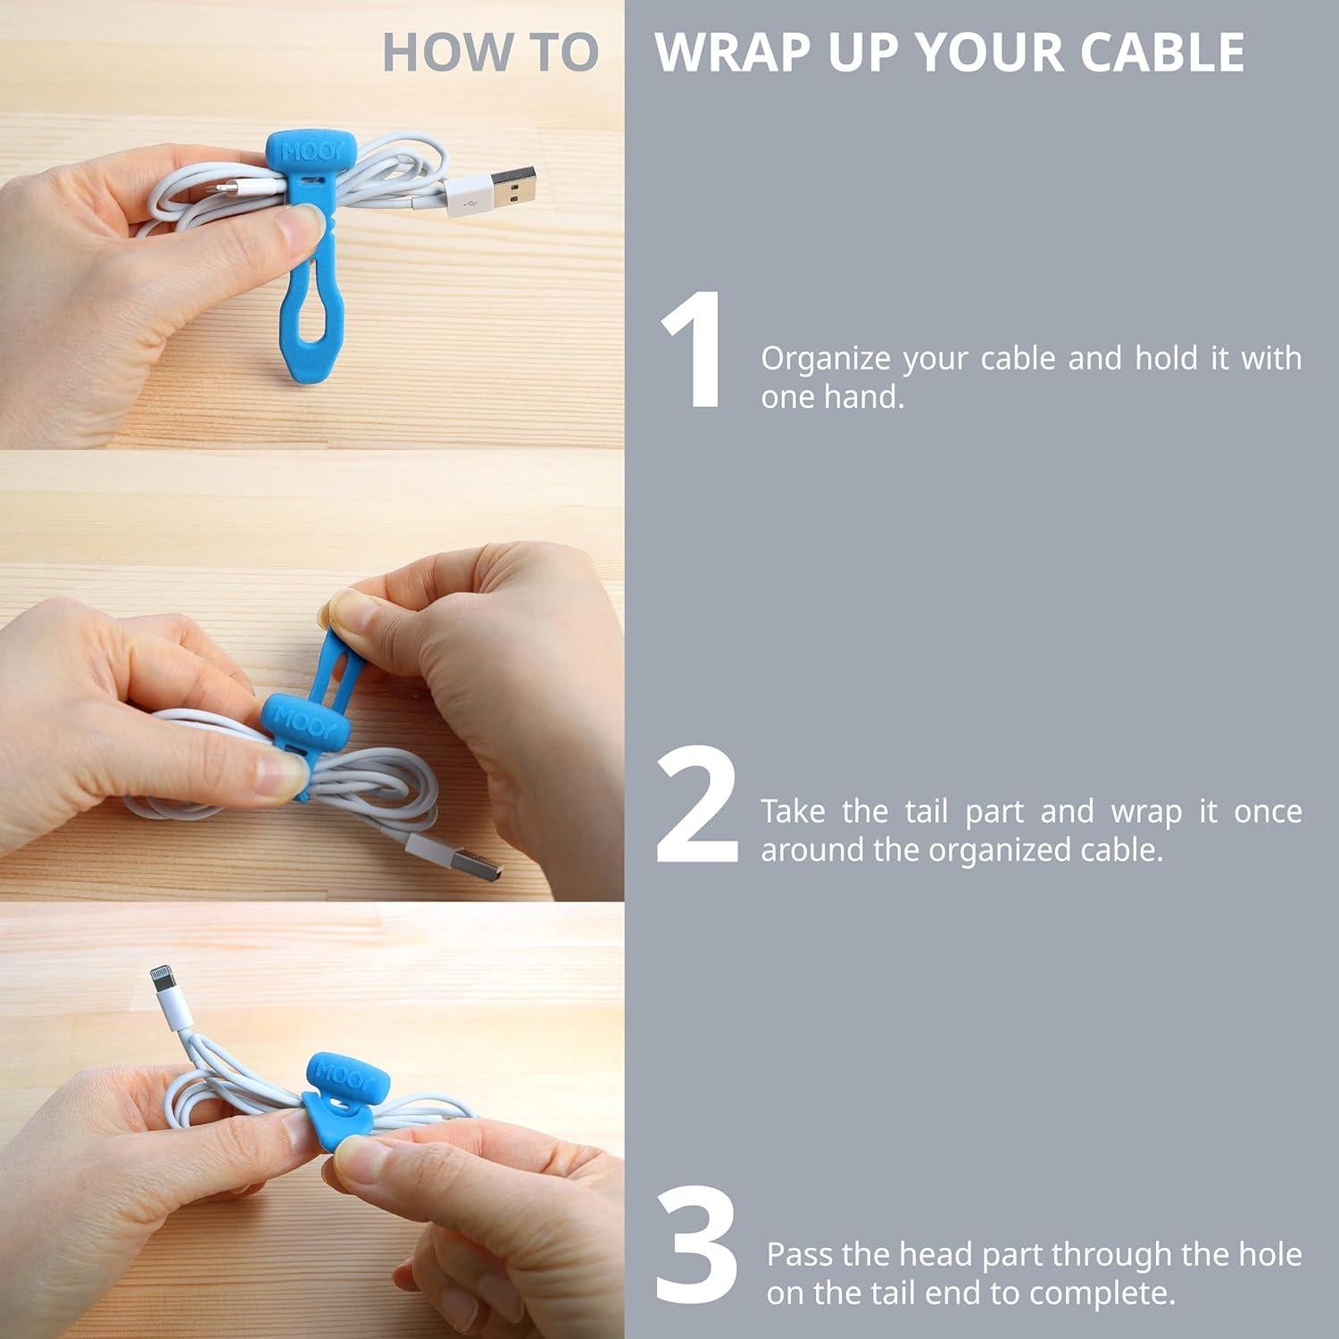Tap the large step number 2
coord(697,806)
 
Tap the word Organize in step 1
coord(826,358)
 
